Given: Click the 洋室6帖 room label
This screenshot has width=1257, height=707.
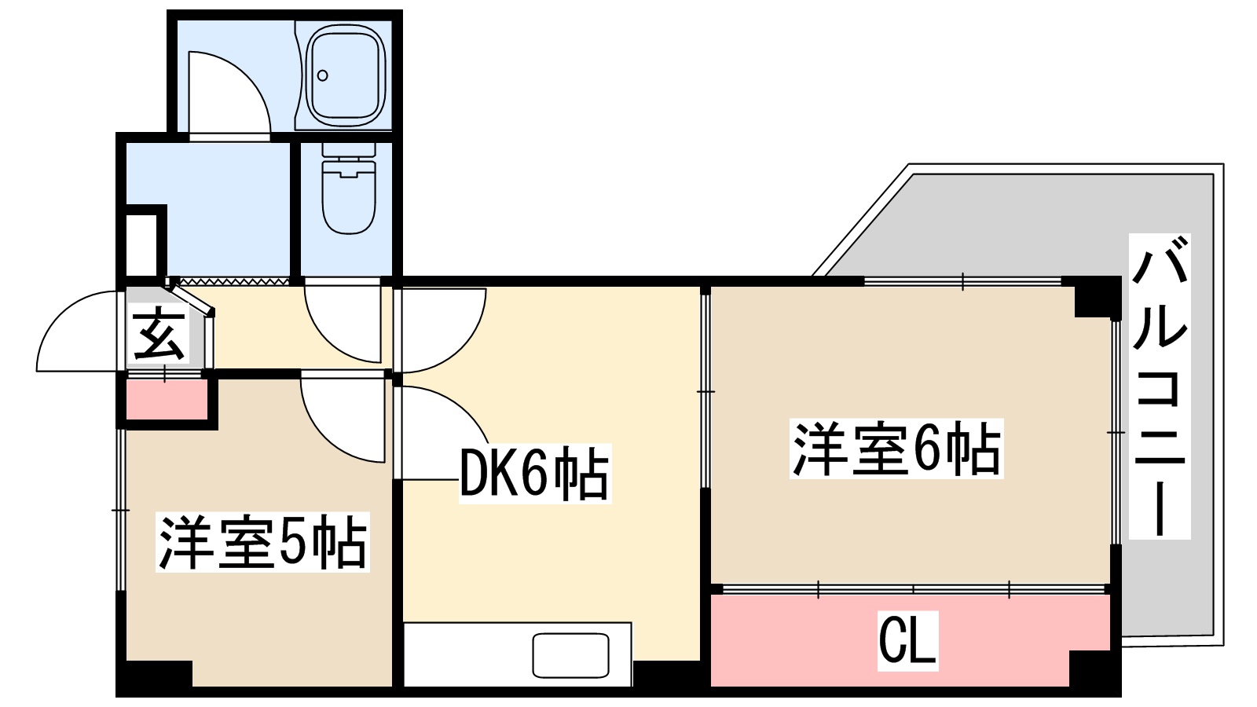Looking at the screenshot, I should [x=896, y=449].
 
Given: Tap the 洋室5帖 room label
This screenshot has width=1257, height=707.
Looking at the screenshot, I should [x=262, y=542].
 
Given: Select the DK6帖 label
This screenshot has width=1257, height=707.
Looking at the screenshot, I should [x=534, y=474].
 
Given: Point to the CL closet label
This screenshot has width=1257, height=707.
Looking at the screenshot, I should [x=907, y=639].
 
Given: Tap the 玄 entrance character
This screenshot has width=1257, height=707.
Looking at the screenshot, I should [x=159, y=335].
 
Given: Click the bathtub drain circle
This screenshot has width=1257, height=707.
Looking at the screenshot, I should [x=322, y=76].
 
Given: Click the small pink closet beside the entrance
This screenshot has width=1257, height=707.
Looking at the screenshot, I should [x=166, y=400].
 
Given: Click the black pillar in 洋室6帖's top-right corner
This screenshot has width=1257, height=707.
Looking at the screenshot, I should [x=1095, y=297].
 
